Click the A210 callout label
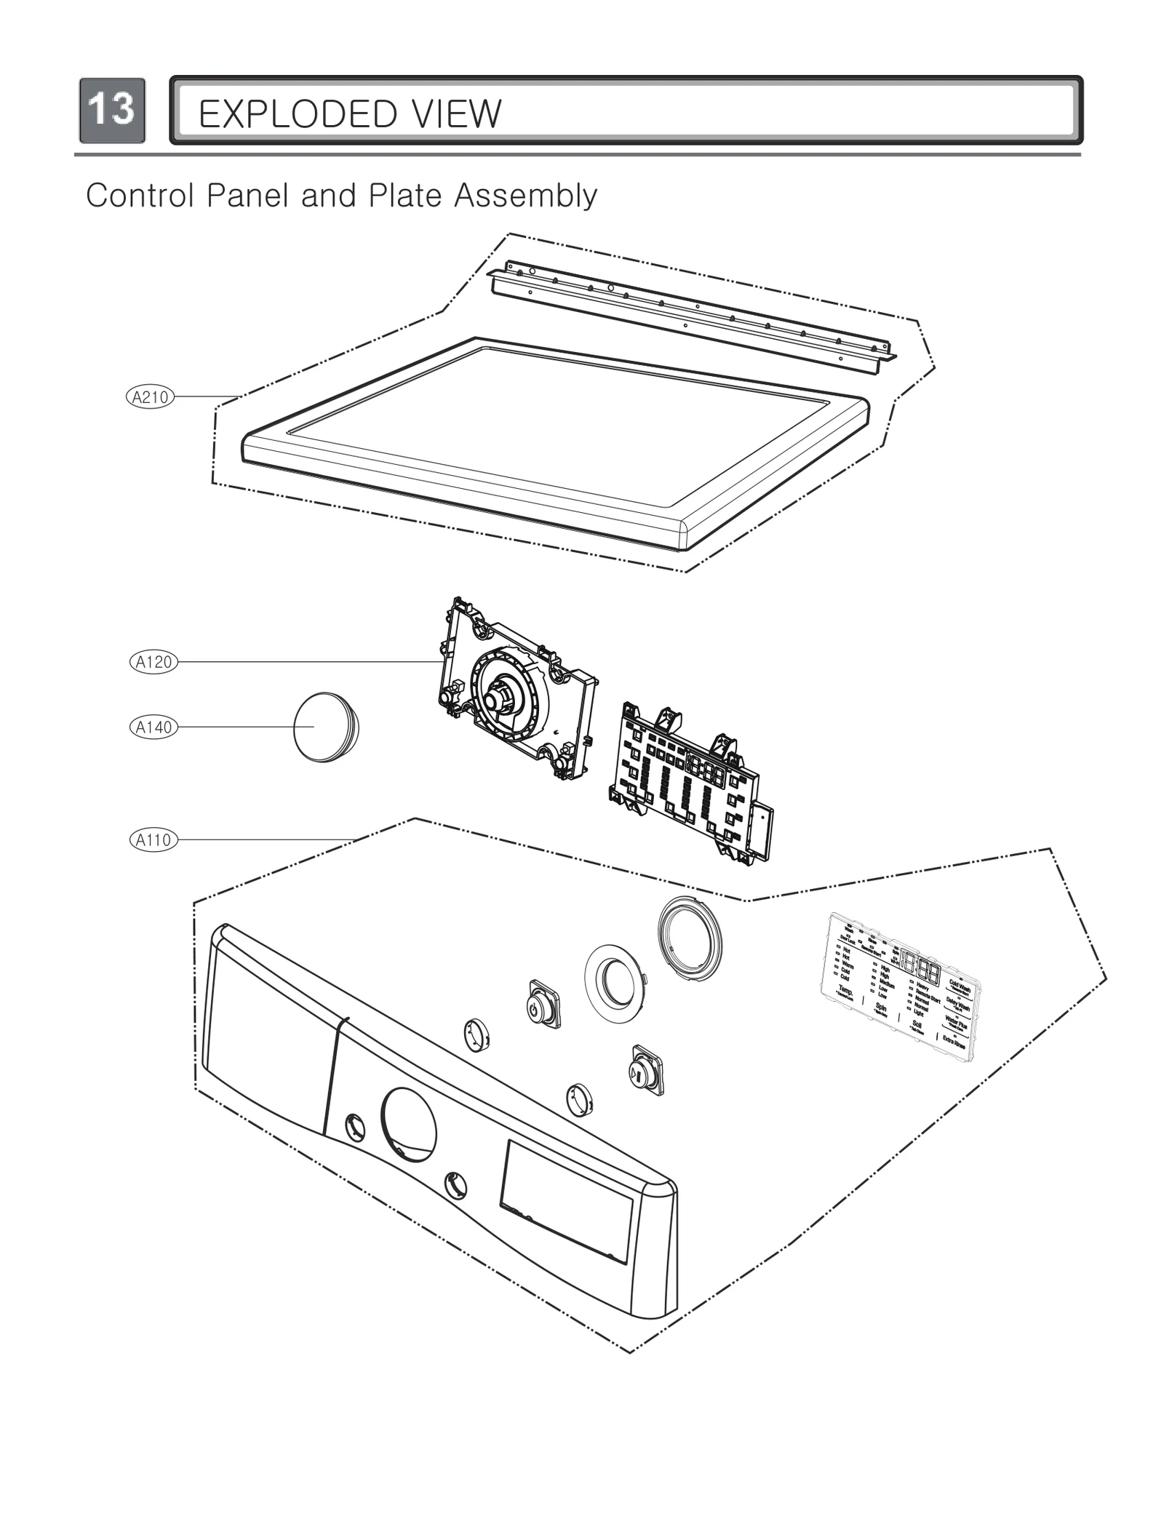tap(150, 397)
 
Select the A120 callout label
tap(154, 662)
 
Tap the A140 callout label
tap(154, 727)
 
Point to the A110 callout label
tap(154, 840)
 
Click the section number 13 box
tap(112, 110)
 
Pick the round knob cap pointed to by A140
tap(324, 727)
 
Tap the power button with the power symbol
tap(543, 1004)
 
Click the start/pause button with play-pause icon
tap(646, 1070)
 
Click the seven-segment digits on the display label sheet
tap(920, 968)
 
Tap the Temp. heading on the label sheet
tap(845, 991)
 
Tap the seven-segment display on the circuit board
tap(706, 773)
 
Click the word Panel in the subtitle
tap(247, 196)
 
